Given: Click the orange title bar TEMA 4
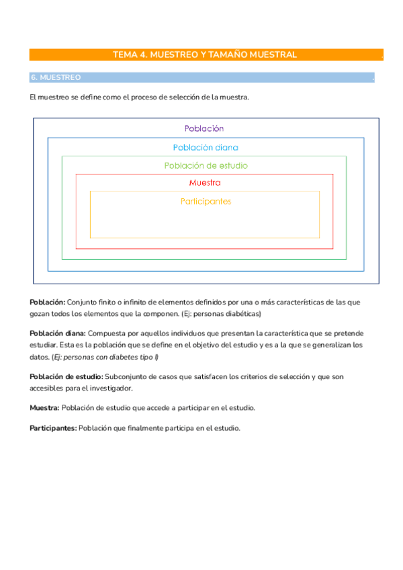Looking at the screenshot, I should pyautogui.click(x=205, y=54).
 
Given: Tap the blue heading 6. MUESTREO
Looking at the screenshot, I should pyautogui.click(x=56, y=78).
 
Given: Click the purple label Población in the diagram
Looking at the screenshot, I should pyautogui.click(x=204, y=128).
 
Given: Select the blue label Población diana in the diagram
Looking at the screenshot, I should pyautogui.click(x=205, y=147).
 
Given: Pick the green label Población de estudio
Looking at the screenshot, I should pyautogui.click(x=205, y=165).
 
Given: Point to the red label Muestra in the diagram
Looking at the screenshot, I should pyautogui.click(x=205, y=183).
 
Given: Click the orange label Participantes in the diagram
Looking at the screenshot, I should pyautogui.click(x=206, y=201).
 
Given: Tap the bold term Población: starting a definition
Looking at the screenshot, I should pyautogui.click(x=47, y=302).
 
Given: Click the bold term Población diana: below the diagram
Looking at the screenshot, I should pyautogui.click(x=57, y=333).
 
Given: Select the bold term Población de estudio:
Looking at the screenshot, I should pyautogui.click(x=66, y=376).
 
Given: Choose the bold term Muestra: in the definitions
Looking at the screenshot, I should pyautogui.click(x=44, y=407).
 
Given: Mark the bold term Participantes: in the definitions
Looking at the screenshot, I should pyautogui.click(x=53, y=427).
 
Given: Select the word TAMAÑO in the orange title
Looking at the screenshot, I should pyautogui.click(x=228, y=54).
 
